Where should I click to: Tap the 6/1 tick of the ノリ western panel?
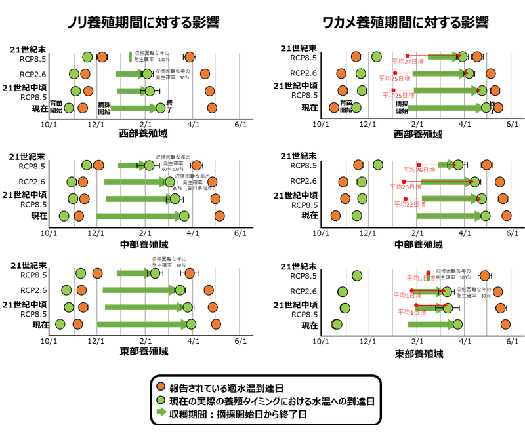(x=240, y=123)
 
